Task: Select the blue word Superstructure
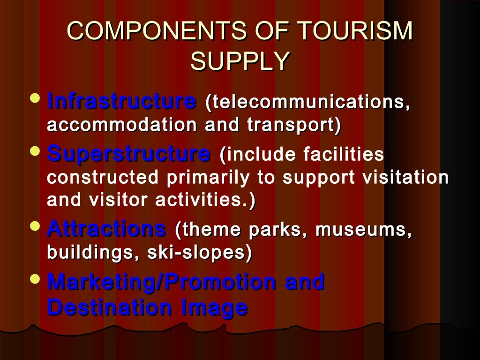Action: point(129,153)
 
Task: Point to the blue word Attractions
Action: point(107,229)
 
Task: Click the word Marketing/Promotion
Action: point(162,282)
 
